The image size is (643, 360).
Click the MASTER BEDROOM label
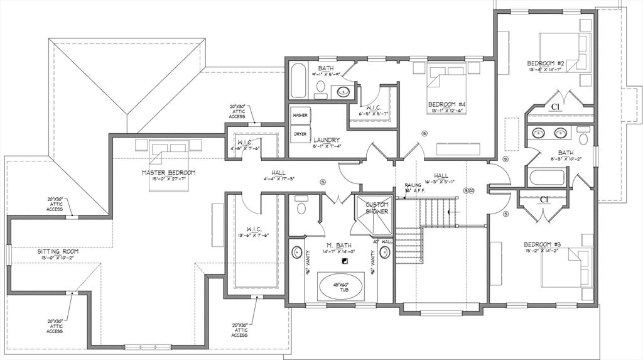click(x=168, y=172)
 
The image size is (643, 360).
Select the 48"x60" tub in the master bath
click(x=341, y=287)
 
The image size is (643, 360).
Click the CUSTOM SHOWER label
click(x=377, y=208)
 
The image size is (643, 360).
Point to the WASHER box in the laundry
click(x=300, y=116)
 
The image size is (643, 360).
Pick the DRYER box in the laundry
click(x=300, y=134)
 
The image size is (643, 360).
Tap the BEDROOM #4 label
click(x=446, y=104)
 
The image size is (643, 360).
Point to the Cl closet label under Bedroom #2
click(x=555, y=107)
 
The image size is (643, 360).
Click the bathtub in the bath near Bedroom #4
click(x=298, y=80)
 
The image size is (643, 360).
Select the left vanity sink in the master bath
click(x=297, y=253)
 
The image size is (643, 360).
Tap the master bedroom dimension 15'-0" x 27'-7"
click(x=168, y=179)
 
